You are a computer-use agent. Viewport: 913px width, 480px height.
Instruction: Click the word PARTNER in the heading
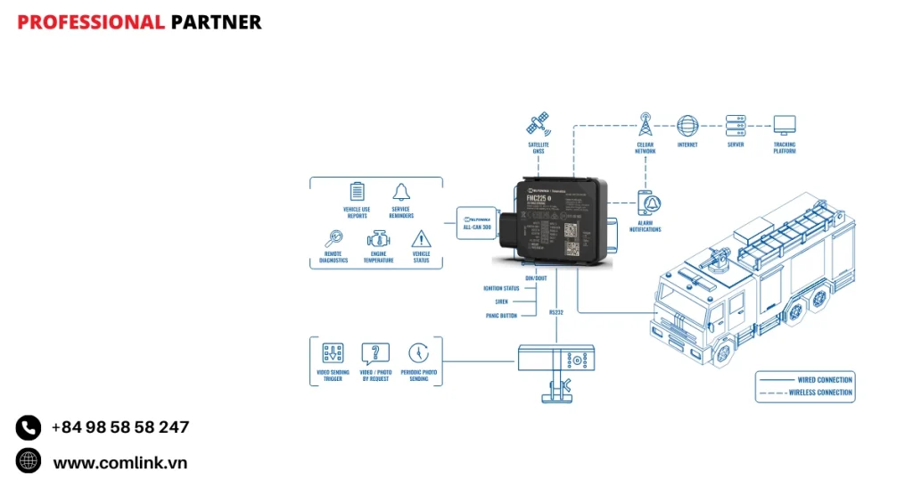pyautogui.click(x=216, y=22)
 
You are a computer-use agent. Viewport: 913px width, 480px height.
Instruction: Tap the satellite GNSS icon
pyautogui.click(x=538, y=124)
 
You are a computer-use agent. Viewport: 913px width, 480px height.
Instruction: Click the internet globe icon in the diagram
pyautogui.click(x=687, y=124)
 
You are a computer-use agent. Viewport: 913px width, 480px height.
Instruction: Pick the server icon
pyautogui.click(x=736, y=124)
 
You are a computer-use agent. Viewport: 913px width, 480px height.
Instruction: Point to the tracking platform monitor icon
pyautogui.click(x=785, y=124)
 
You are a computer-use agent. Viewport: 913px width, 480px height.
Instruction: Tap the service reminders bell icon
pyautogui.click(x=400, y=191)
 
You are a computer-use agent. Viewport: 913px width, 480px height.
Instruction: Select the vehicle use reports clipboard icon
pyautogui.click(x=358, y=191)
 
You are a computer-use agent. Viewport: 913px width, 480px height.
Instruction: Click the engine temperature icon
pyautogui.click(x=379, y=239)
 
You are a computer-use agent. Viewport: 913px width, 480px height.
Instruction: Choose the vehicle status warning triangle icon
pyautogui.click(x=421, y=239)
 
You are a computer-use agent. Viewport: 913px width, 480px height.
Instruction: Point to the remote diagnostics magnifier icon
pyautogui.click(x=333, y=239)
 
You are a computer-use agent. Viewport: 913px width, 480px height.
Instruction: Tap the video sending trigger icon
pyautogui.click(x=333, y=352)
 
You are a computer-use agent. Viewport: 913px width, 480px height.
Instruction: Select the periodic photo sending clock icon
pyautogui.click(x=418, y=352)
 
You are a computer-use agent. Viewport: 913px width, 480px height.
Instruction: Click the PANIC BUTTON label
pyautogui.click(x=502, y=316)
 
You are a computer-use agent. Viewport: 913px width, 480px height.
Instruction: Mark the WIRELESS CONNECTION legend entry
pyautogui.click(x=820, y=393)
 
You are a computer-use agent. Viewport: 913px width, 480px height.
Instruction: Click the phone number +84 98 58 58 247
pyautogui.click(x=120, y=427)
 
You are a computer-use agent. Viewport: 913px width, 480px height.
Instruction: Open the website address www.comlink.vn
pyautogui.click(x=120, y=462)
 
